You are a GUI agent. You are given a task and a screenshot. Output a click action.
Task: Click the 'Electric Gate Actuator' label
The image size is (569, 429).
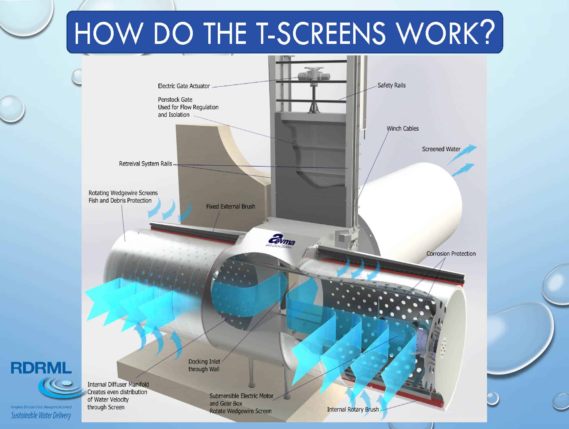click(x=184, y=86)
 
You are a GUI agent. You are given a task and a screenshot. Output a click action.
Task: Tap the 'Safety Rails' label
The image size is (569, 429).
click(x=391, y=85)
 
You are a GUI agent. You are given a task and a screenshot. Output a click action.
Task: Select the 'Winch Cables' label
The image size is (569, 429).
click(x=403, y=129)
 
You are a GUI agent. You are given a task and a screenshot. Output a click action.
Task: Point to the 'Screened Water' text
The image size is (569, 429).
click(x=441, y=149)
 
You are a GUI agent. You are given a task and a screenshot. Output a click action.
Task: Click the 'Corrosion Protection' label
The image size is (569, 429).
click(x=451, y=254)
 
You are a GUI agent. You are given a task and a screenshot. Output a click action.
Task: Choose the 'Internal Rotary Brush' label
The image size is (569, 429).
click(x=353, y=409)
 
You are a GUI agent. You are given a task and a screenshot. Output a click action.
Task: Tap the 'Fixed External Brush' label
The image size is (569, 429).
click(x=230, y=206)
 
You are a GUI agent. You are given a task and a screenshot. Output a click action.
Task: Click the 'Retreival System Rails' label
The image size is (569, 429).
click(x=145, y=164)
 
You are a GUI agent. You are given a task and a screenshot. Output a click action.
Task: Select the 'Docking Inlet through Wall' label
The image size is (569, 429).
click(x=204, y=365)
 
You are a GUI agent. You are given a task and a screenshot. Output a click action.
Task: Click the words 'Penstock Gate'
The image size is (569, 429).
click(x=175, y=99)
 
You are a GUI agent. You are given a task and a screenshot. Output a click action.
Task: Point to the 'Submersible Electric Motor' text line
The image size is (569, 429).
click(x=241, y=396)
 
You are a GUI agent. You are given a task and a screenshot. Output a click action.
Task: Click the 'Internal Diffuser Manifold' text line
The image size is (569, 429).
click(x=118, y=384)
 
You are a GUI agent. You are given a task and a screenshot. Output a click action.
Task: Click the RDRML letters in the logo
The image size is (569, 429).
click(x=41, y=368)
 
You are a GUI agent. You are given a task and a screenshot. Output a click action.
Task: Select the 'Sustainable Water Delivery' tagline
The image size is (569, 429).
click(x=41, y=415)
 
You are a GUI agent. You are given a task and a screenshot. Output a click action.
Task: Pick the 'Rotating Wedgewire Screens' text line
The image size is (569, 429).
click(x=123, y=193)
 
